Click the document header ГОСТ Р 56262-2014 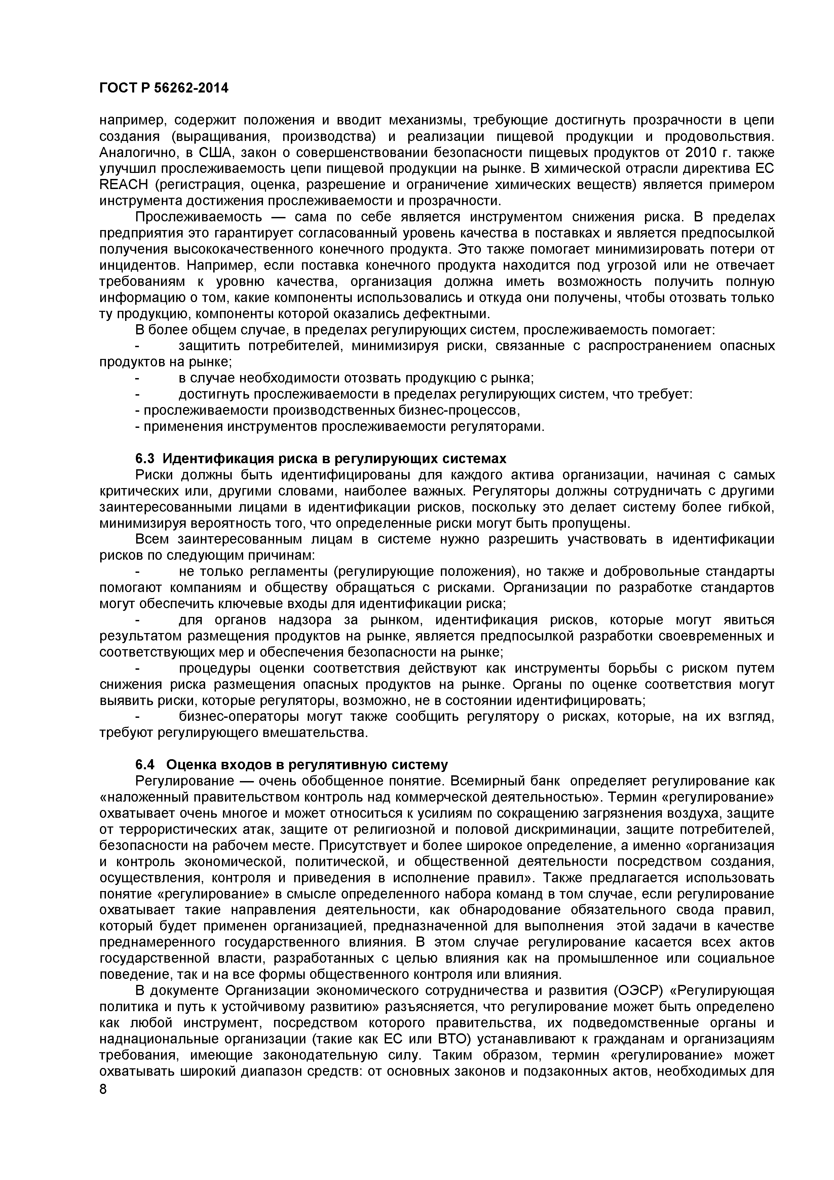pos(163,88)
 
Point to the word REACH pos(123,185)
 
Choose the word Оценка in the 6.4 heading pos(190,765)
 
